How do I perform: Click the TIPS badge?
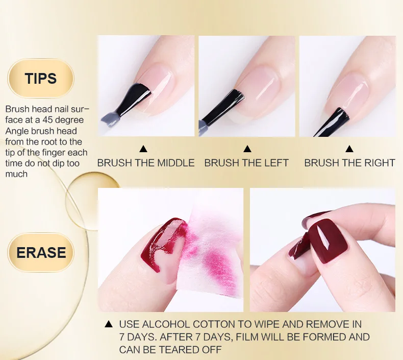point(41,78)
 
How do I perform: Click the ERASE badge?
point(41,252)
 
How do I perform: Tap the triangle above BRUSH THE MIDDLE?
point(143,149)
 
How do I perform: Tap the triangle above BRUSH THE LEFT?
point(247,149)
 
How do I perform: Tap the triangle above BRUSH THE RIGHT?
point(349,149)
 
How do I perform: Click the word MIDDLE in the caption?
point(176,163)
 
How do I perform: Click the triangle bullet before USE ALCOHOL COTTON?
point(109,324)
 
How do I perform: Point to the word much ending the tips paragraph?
point(16,174)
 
